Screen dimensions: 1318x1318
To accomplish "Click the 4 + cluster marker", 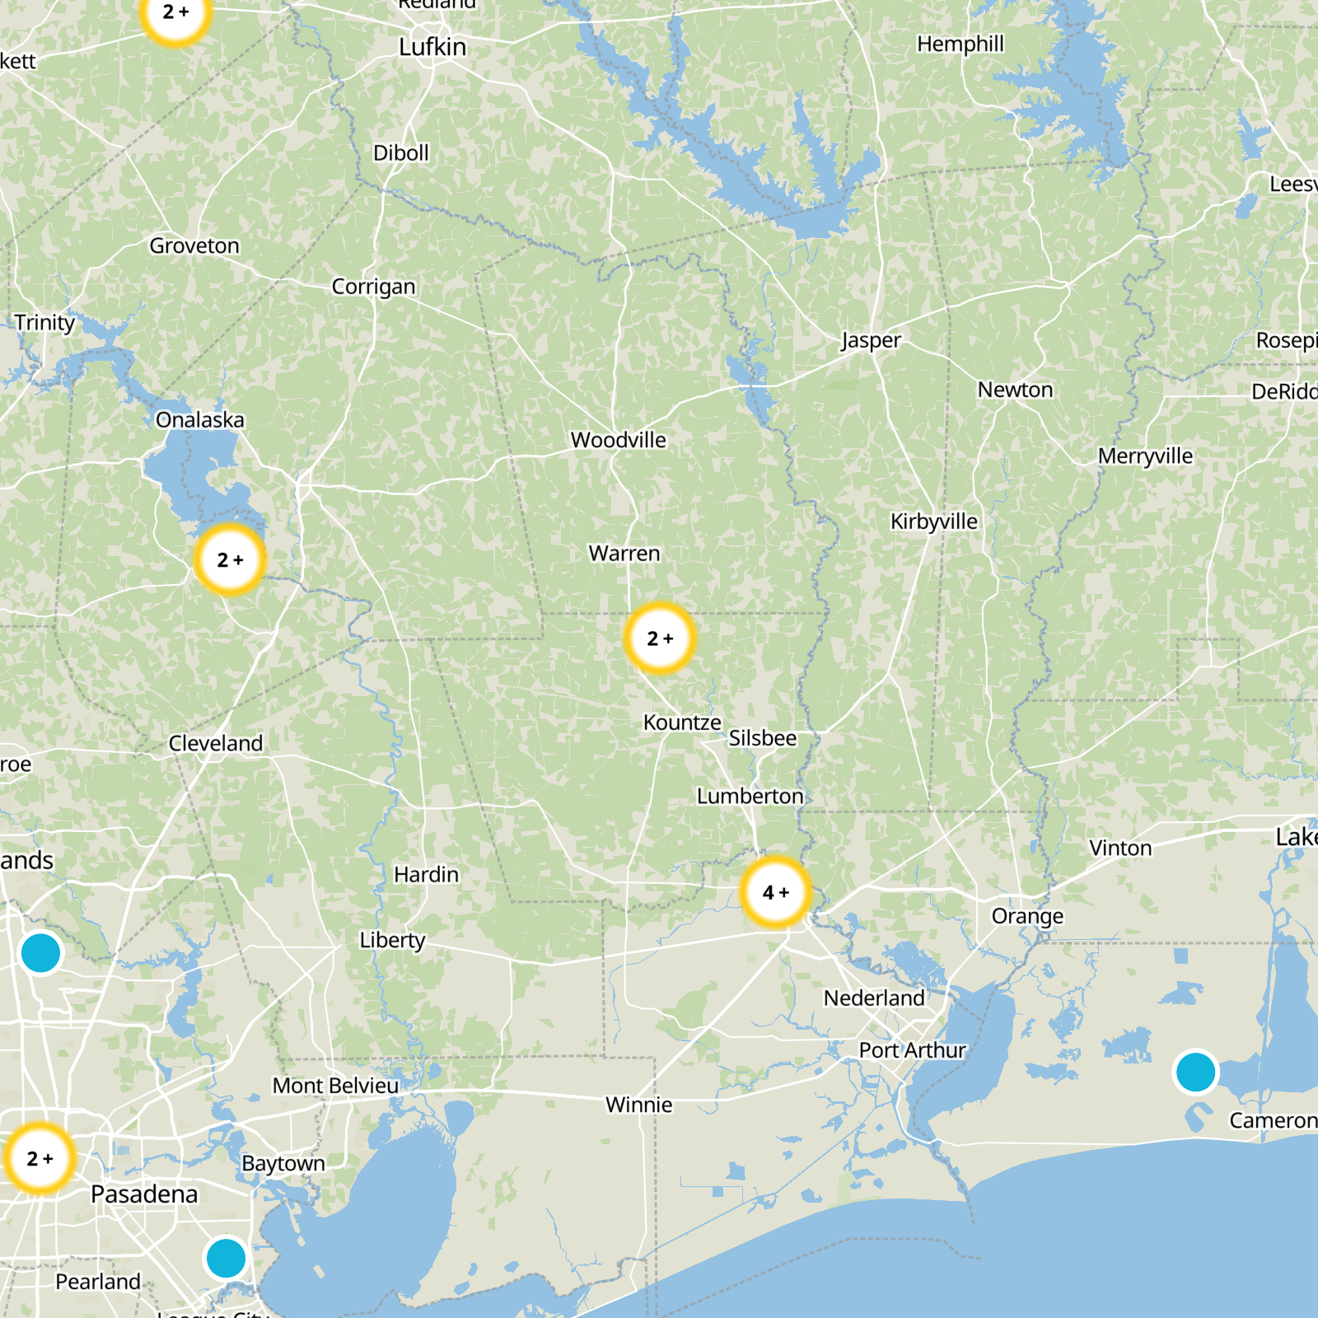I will (775, 892).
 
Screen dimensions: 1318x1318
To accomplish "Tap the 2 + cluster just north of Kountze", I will (659, 638).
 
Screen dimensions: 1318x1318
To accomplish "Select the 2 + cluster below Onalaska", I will (230, 560).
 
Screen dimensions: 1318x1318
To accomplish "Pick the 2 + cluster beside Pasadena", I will (40, 1158).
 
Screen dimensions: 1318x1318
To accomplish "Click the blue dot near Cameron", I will (1195, 1072).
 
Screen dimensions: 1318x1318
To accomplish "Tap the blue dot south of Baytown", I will (226, 1258).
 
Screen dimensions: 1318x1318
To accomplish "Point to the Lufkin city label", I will (432, 48).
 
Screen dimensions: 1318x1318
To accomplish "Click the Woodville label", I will (618, 440).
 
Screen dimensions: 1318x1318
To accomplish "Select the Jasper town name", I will (870, 340).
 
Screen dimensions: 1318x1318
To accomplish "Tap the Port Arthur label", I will (912, 1050).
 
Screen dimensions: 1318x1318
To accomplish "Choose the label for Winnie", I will (638, 1105).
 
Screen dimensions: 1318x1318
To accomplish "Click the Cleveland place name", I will (216, 743).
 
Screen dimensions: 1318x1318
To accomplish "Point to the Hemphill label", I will (960, 44).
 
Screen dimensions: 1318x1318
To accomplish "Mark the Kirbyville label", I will (933, 521).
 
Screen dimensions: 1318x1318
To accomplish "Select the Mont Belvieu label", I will (335, 1086).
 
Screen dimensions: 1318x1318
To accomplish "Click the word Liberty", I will (392, 940).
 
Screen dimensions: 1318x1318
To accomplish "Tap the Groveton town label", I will (194, 245).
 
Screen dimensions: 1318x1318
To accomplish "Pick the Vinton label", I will (1120, 848).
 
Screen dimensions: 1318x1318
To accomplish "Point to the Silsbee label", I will (762, 738).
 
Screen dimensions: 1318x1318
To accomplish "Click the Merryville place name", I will (1145, 456).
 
